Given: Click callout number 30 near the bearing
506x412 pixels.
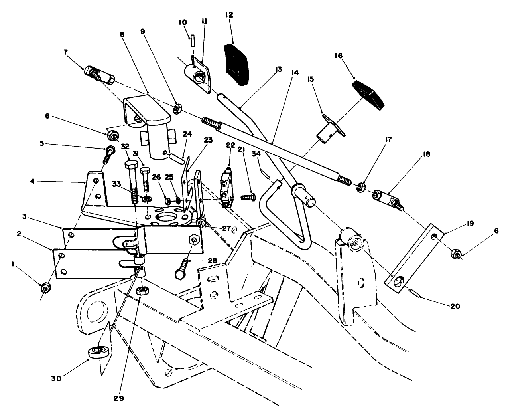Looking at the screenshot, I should [56, 378].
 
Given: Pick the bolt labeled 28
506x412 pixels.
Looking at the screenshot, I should [182, 270].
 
